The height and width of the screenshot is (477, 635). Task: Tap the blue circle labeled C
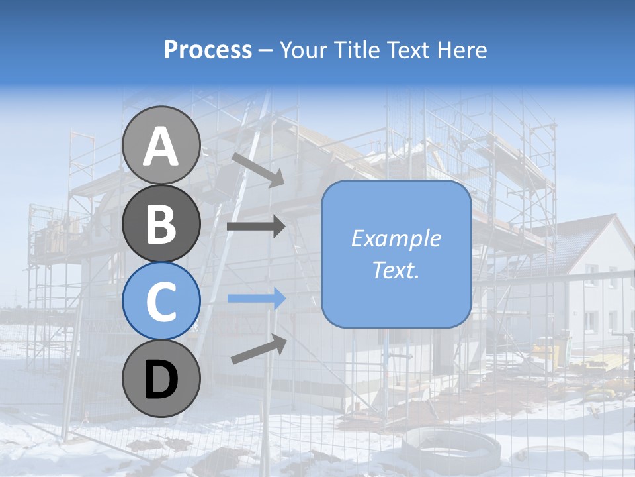tap(161, 301)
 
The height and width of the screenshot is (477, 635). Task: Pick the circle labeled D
tap(161, 379)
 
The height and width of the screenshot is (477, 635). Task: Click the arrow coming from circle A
tap(258, 169)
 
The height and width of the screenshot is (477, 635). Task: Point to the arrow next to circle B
tap(256, 227)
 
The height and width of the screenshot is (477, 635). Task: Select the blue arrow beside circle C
tap(256, 299)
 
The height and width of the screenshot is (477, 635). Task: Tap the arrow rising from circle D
tap(259, 348)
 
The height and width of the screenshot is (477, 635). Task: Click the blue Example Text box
tap(396, 254)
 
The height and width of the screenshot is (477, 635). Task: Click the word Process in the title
tap(208, 50)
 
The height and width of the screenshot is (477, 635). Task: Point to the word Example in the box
tap(396, 238)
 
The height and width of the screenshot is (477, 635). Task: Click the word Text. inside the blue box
tap(396, 270)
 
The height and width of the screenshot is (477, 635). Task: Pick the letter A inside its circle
tap(161, 146)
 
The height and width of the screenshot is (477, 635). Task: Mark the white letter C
tap(161, 301)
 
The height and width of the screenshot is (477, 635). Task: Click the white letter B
tap(161, 224)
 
